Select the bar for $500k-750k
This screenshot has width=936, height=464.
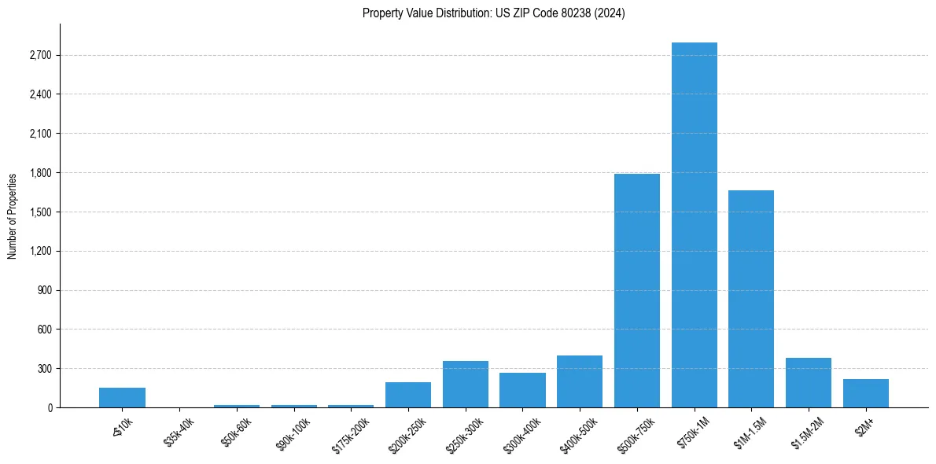[636, 290]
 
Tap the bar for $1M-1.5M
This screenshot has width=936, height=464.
[751, 299]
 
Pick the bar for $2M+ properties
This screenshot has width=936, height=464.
[865, 393]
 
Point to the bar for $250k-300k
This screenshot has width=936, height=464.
[465, 384]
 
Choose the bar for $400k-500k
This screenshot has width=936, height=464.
[580, 381]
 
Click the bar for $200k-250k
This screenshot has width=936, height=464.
[407, 395]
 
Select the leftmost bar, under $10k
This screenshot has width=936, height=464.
[122, 397]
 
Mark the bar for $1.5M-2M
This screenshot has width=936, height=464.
[808, 382]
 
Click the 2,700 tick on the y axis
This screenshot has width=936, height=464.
[40, 56]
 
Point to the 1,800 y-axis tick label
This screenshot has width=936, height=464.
[40, 173]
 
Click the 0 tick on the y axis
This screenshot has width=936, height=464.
[50, 407]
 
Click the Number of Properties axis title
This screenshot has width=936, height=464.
[12, 215]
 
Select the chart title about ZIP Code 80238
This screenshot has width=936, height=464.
[494, 13]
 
